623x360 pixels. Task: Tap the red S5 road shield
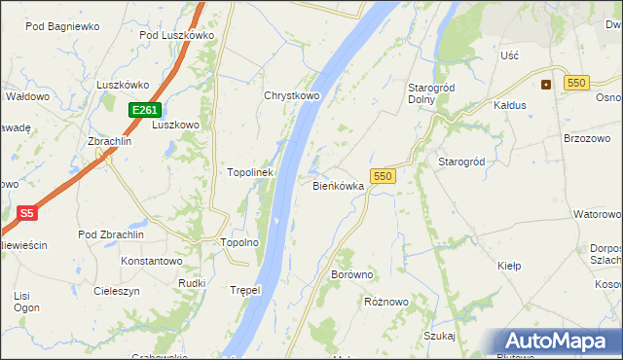coord(27,212)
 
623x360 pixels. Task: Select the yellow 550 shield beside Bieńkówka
coord(383,176)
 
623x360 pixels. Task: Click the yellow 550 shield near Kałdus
coord(574,84)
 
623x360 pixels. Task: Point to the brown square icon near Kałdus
coord(545,84)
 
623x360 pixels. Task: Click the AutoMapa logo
coord(554,342)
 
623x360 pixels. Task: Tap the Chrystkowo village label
coord(292,96)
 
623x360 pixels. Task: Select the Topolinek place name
coord(250,172)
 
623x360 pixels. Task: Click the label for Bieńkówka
coord(338,185)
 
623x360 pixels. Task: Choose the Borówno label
coord(352,275)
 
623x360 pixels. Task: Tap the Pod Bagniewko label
coord(62,27)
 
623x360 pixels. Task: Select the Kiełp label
coord(510,266)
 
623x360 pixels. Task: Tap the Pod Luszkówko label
coord(176,35)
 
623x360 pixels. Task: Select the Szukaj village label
coord(440,336)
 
